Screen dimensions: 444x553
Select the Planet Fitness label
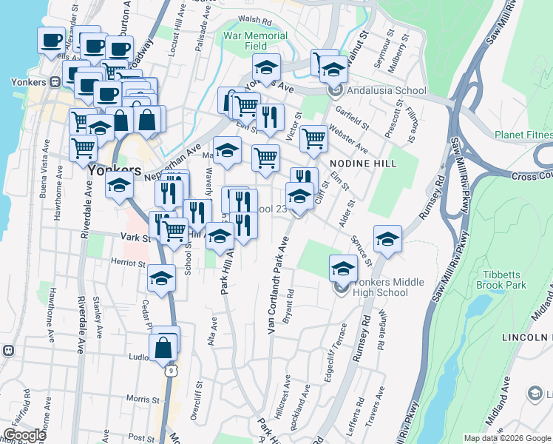[523, 135]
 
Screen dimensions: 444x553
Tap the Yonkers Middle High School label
[380, 287]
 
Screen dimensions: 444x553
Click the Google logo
[24, 435]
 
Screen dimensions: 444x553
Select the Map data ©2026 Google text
[507, 438]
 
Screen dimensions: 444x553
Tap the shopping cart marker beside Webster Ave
[314, 137]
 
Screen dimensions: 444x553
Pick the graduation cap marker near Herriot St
[161, 278]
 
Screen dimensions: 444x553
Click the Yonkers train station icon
[55, 83]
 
